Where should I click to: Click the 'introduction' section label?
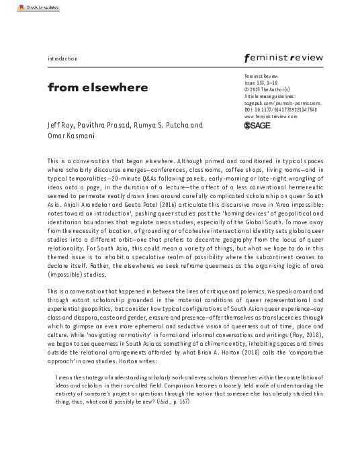click(x=62, y=59)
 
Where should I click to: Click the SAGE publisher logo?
click(x=257, y=126)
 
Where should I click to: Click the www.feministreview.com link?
click(x=271, y=116)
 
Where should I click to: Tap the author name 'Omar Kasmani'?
click(x=71, y=136)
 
